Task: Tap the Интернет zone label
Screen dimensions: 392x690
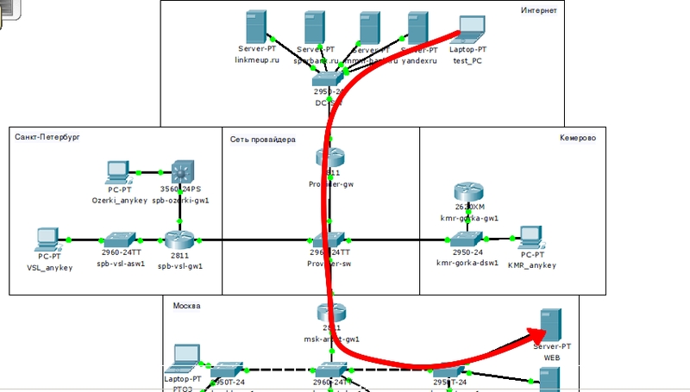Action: click(x=539, y=10)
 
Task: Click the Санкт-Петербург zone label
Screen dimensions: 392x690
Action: click(x=47, y=137)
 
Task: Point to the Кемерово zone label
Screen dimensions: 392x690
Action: click(x=577, y=137)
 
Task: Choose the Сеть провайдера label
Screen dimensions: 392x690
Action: click(x=263, y=138)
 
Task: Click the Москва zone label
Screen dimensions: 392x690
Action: click(x=187, y=306)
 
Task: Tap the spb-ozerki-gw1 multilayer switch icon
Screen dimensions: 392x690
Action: click(x=185, y=171)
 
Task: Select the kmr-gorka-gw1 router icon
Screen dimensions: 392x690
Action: click(x=469, y=193)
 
